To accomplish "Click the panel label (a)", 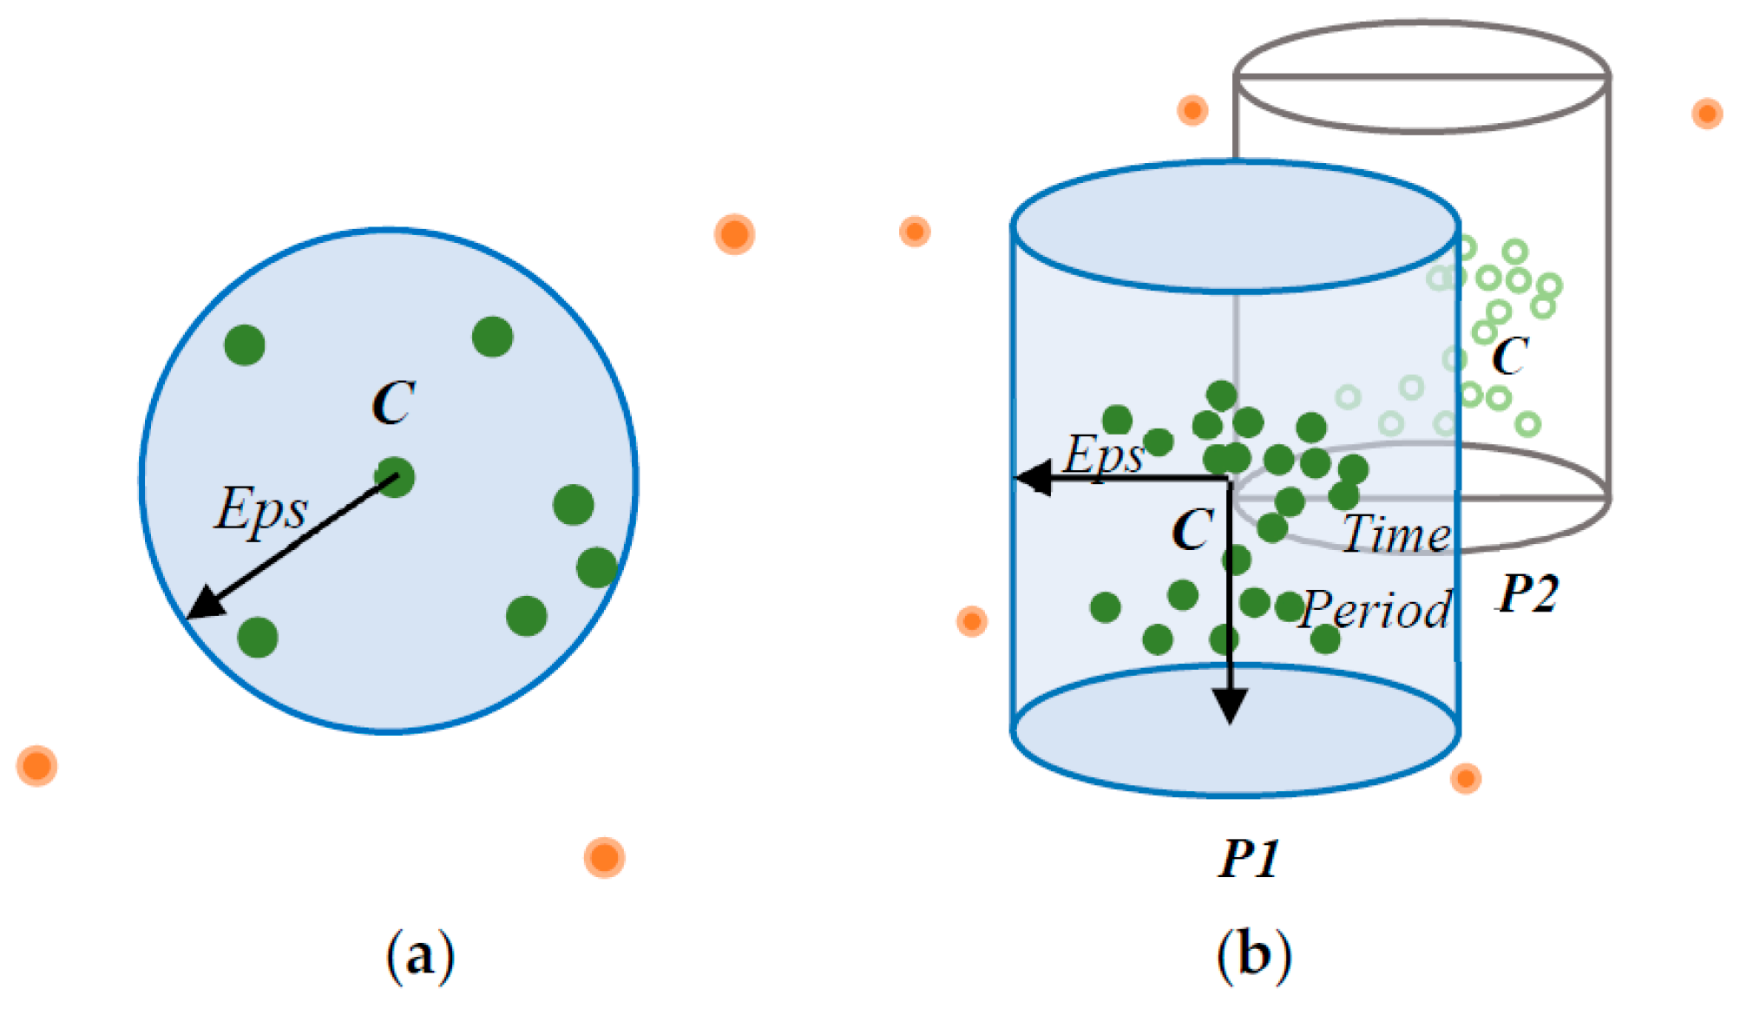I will click(x=420, y=955).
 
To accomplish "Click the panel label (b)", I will click(x=1253, y=955).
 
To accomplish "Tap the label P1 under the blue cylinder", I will click(x=1249, y=859).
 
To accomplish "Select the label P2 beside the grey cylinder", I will click(x=1527, y=594).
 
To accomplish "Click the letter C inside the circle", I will click(x=393, y=403).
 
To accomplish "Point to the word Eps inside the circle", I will click(x=260, y=509).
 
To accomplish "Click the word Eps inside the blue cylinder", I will click(x=1104, y=455).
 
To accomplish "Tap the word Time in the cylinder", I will click(x=1395, y=534).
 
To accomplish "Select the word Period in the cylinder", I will click(x=1376, y=609).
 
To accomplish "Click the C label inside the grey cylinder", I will click(x=1510, y=356).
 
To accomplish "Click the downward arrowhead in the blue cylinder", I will click(x=1230, y=704).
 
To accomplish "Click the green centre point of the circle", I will click(x=395, y=477).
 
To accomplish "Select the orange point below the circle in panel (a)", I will click(x=604, y=858).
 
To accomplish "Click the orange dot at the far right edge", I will click(x=1707, y=114).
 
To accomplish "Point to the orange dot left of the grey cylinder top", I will click(x=1192, y=110).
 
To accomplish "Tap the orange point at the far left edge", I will click(x=36, y=766).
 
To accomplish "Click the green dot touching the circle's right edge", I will click(x=597, y=567).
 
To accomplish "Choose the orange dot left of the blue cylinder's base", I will click(x=972, y=621).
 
